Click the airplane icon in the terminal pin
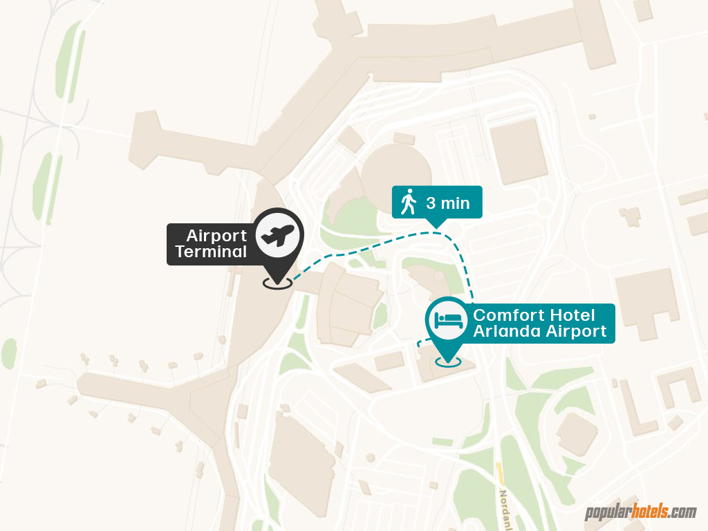point(277,236)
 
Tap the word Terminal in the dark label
point(211,252)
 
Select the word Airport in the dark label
point(216,236)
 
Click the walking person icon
point(409,203)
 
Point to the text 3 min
point(448,203)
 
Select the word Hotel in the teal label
point(572,315)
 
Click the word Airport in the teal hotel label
point(577,331)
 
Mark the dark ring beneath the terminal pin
point(277,283)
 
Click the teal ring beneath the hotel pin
point(448,361)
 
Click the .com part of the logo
point(682,512)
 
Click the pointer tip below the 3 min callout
point(436,223)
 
